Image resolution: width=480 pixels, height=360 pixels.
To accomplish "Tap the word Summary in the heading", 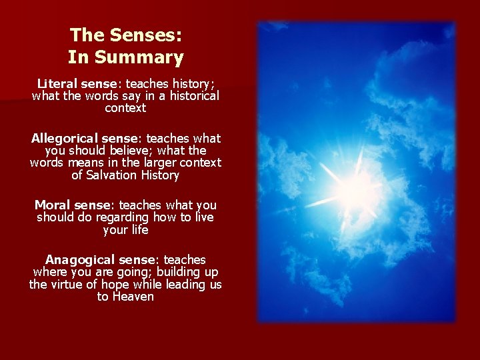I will [x=139, y=58].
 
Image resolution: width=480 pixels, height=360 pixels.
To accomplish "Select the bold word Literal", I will [x=57, y=84].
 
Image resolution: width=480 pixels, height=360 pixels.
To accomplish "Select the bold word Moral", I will [x=53, y=205].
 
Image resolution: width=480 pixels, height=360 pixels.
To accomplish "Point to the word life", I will [x=138, y=229].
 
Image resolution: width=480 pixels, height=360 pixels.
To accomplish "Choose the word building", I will [x=175, y=272].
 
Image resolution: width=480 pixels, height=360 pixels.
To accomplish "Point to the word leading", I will [x=184, y=284].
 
